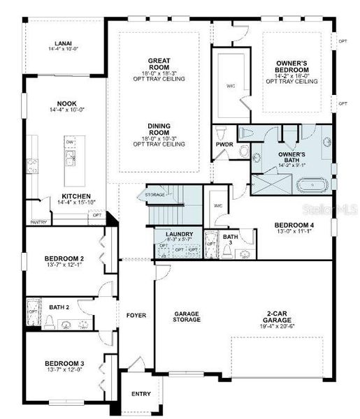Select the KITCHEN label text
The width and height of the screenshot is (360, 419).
click(x=76, y=196)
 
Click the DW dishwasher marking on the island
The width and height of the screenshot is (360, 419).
click(x=70, y=142)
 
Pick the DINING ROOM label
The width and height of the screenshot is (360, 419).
click(x=159, y=131)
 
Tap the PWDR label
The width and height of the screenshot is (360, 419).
click(x=224, y=145)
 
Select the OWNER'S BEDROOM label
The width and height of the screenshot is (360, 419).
click(x=291, y=67)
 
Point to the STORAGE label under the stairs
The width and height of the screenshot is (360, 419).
click(x=154, y=193)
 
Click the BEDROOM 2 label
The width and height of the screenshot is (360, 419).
click(x=64, y=258)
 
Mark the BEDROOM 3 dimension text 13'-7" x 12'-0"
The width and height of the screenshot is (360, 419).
click(x=64, y=370)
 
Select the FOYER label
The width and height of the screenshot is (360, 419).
click(x=136, y=316)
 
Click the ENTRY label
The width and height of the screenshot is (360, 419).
click(x=141, y=394)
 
